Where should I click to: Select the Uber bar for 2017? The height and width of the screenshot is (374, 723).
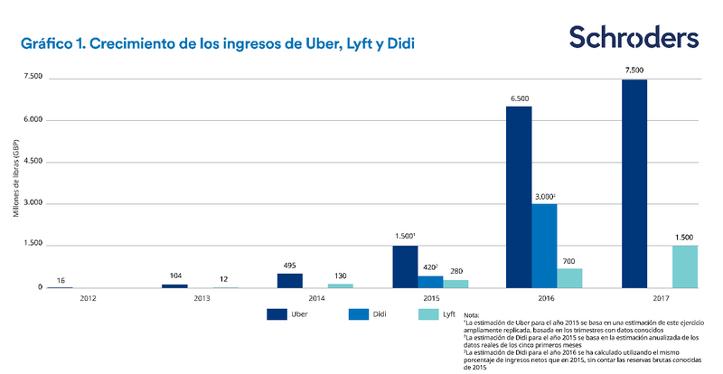click(634, 183)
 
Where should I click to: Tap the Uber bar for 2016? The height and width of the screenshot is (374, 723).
click(519, 197)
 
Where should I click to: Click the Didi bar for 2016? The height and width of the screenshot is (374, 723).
click(544, 246)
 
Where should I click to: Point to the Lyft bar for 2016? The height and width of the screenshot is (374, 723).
click(570, 277)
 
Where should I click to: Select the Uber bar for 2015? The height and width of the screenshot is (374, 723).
click(405, 266)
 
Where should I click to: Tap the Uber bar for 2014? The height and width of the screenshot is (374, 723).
click(289, 280)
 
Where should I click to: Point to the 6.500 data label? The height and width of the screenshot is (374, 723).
click(519, 97)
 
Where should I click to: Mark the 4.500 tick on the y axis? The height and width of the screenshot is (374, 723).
click(30, 162)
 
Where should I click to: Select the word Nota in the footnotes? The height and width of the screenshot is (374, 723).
click(472, 314)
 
